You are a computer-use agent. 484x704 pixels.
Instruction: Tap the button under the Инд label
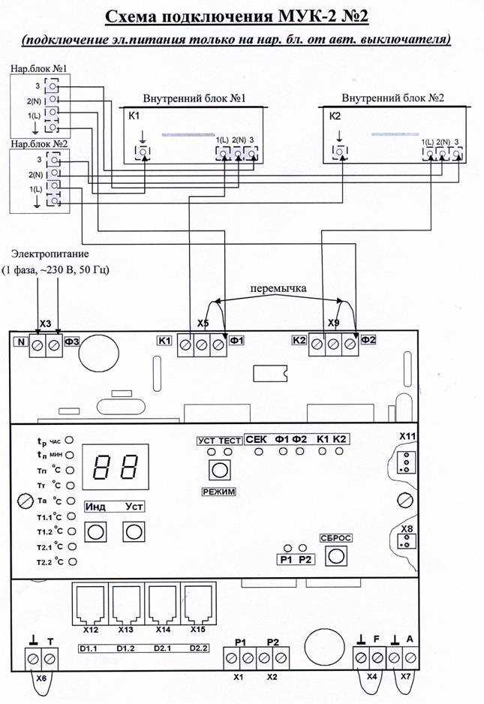95,532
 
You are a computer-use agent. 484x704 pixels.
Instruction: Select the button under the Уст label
134,532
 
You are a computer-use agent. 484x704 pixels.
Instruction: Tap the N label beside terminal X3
21,342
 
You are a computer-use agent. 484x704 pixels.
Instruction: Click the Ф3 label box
73,342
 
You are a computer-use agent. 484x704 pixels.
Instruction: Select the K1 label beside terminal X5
164,341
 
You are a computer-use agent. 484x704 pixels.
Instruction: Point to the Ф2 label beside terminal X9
368,341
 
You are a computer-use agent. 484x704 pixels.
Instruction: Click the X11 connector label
407,436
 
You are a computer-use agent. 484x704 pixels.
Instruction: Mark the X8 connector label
407,528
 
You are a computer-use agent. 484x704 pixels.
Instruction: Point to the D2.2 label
198,648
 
